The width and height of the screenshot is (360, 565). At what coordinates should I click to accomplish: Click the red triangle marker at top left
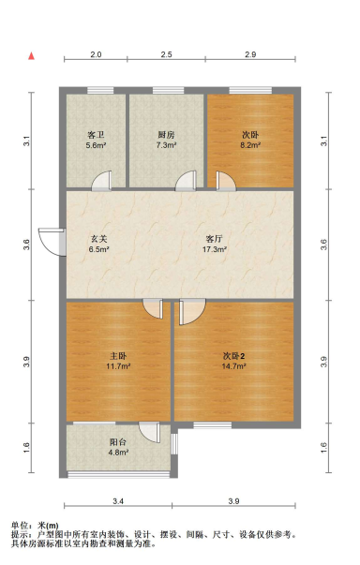click(31, 56)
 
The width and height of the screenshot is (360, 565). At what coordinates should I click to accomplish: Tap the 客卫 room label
click(96, 134)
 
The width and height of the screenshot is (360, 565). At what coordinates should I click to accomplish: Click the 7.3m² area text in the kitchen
click(166, 146)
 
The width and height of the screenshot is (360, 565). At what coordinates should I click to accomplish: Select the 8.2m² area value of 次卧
click(250, 146)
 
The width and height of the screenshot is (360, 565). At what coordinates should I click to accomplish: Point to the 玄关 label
click(98, 238)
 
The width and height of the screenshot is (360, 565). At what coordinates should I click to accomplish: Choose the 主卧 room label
click(118, 355)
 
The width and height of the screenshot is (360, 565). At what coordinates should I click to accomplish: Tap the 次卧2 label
click(234, 355)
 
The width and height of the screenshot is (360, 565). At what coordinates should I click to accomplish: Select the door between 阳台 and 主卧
click(149, 432)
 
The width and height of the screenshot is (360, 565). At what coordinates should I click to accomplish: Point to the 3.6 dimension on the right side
click(323, 245)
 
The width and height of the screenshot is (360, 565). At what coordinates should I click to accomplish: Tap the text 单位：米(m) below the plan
click(35, 526)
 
